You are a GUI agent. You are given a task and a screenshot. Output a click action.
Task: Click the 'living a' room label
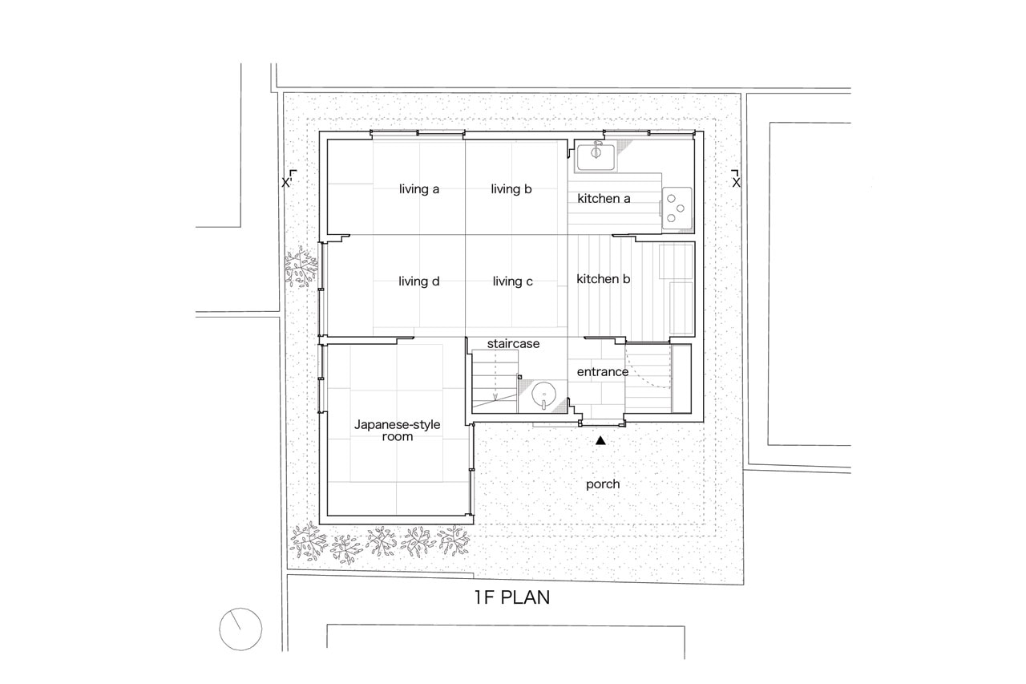419,188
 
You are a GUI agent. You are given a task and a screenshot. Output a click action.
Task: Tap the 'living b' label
511,188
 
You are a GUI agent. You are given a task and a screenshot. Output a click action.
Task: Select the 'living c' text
512,281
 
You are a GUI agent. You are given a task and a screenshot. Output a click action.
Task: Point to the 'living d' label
418,281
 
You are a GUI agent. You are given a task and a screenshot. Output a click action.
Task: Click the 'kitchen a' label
604,198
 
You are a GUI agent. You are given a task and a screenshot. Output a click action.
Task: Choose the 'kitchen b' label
604,278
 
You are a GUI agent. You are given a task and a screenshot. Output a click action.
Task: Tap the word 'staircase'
513,343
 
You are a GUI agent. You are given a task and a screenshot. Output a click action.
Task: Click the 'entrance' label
602,371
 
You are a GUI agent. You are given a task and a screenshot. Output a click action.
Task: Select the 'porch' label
603,484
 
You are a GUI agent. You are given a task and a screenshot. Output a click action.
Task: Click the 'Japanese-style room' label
397,430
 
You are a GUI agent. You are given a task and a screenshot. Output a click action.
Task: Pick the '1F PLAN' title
512,597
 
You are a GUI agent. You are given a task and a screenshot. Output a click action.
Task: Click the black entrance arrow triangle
600,440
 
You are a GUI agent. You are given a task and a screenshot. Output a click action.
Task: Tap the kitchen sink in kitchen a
596,156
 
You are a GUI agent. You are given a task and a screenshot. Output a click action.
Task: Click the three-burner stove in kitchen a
677,208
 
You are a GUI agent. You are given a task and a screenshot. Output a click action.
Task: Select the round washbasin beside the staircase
544,394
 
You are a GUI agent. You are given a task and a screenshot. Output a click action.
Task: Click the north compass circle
240,629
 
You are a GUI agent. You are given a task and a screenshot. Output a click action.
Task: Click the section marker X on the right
736,179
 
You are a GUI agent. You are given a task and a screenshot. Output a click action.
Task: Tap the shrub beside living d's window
301,267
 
